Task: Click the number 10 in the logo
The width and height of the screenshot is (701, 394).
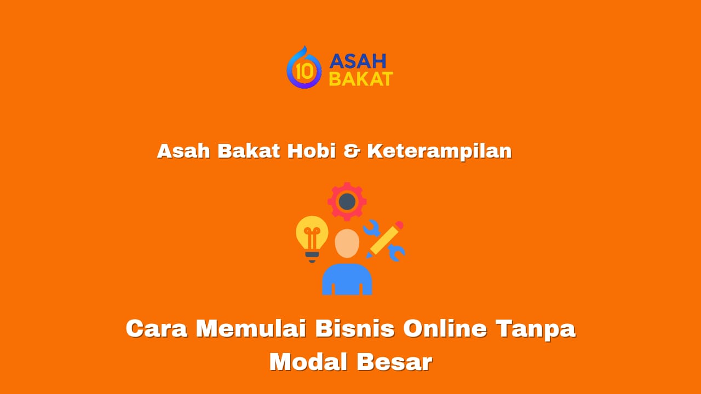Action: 303,71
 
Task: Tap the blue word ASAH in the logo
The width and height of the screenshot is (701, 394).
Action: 358,61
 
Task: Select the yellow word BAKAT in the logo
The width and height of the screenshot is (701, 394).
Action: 360,79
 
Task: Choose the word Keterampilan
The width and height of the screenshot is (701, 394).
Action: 439,152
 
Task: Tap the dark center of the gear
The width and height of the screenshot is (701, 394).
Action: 347,201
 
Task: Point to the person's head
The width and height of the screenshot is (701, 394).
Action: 347,243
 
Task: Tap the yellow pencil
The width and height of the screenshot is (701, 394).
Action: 386,239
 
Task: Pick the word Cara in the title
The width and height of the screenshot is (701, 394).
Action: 157,329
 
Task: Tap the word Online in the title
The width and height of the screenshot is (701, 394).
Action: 445,329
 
